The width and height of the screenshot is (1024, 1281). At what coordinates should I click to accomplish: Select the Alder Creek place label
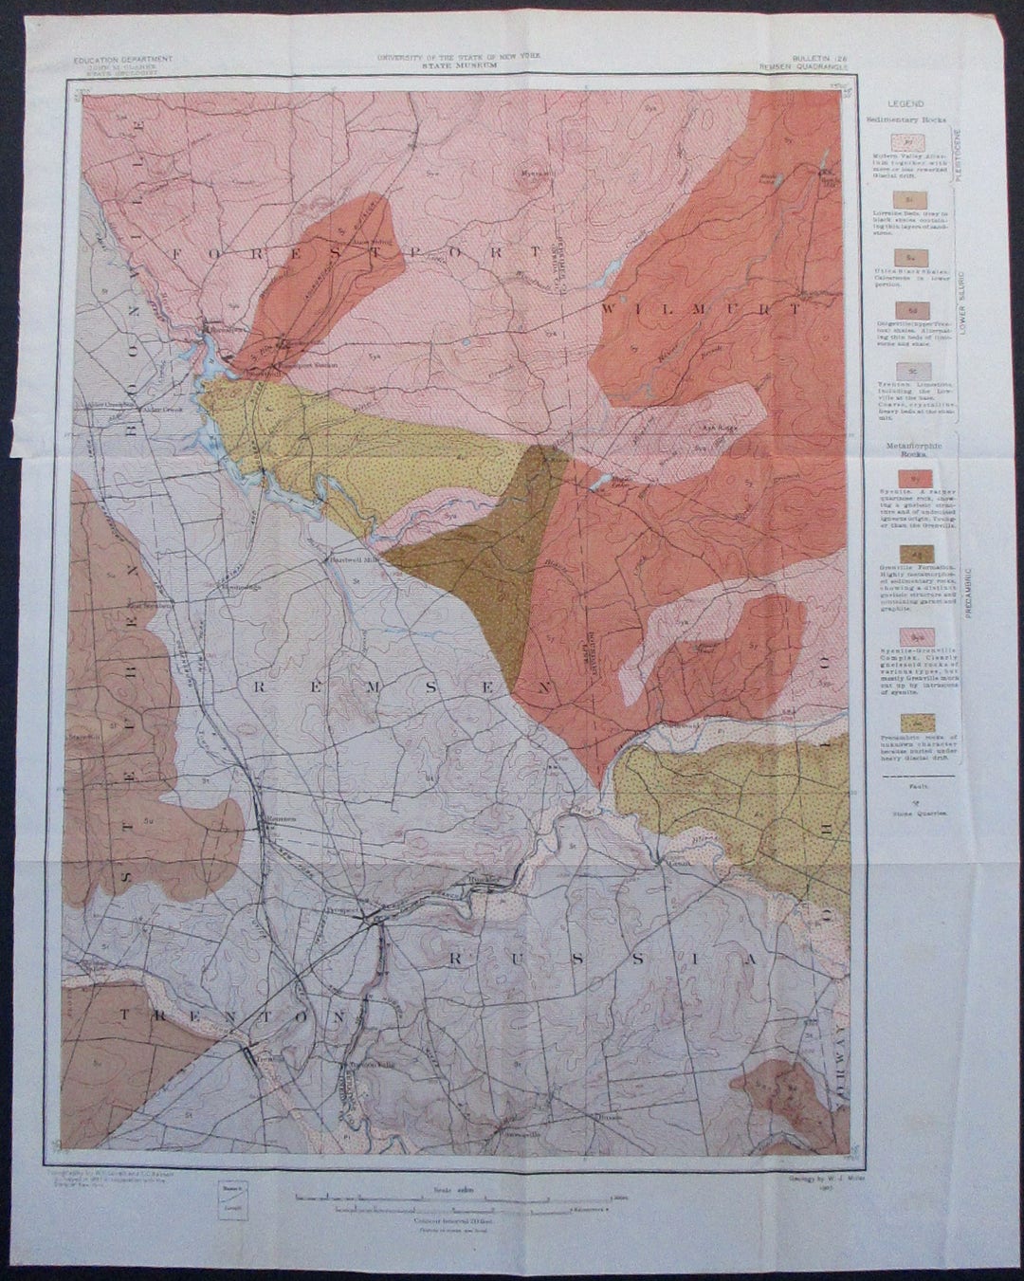[x=143, y=410]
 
